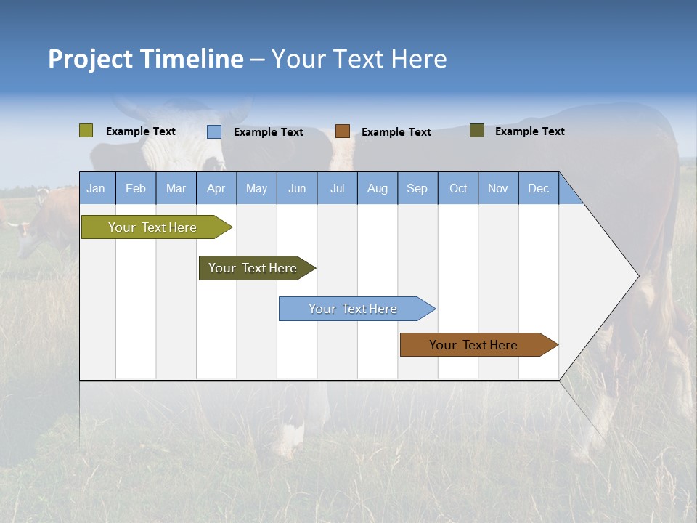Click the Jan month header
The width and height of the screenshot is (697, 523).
(96, 188)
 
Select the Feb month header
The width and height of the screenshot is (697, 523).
(136, 188)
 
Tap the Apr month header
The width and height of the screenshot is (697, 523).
(216, 188)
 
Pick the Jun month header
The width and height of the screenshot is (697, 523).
(297, 188)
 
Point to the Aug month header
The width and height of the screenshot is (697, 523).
(378, 188)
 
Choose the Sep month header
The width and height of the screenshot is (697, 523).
(417, 188)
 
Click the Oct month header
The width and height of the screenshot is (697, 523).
(458, 188)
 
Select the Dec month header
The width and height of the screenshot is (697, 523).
(539, 188)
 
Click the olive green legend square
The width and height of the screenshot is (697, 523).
(86, 131)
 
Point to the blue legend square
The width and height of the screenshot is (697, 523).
(214, 131)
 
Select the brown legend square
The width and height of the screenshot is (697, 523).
(343, 131)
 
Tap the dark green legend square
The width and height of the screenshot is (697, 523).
(477, 131)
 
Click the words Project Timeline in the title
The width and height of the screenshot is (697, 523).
(146, 59)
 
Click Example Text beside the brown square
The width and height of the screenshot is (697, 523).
(396, 132)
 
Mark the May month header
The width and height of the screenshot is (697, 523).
(256, 188)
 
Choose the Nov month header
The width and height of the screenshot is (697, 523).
(498, 188)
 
